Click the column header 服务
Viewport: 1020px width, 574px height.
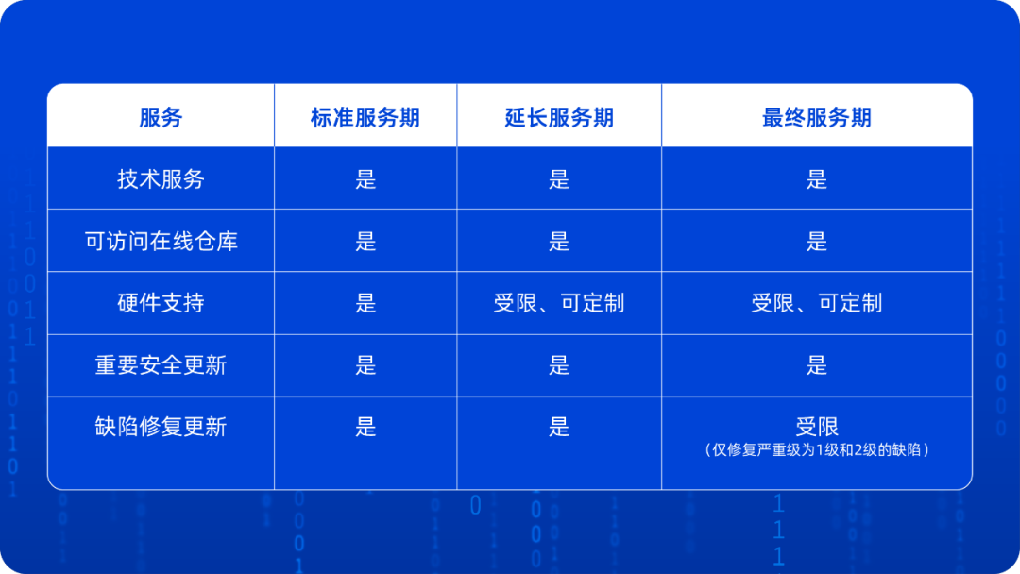(x=161, y=118)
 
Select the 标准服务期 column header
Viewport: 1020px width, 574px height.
(x=365, y=118)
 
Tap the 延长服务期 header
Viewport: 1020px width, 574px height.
(x=559, y=118)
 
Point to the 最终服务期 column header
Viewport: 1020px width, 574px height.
(x=816, y=118)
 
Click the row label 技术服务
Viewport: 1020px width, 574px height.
(x=161, y=178)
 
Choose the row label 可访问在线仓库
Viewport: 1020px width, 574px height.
(x=161, y=241)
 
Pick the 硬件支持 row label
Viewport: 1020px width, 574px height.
(x=161, y=303)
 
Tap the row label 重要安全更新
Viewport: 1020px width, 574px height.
(x=161, y=365)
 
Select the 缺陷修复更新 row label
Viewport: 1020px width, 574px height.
(x=161, y=427)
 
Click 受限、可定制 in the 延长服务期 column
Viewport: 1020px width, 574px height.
(x=559, y=303)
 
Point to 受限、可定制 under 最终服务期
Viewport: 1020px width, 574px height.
(x=816, y=303)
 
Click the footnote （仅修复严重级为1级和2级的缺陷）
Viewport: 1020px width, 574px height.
(x=816, y=449)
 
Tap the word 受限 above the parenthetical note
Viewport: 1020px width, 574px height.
(x=816, y=427)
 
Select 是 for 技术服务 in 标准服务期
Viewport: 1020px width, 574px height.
(x=365, y=178)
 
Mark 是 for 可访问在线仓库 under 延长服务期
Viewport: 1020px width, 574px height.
(x=559, y=241)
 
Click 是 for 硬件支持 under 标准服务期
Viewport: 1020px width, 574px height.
(x=365, y=303)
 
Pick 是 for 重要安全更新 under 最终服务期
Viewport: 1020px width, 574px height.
(x=816, y=365)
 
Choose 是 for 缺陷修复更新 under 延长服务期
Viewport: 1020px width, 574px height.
(x=559, y=427)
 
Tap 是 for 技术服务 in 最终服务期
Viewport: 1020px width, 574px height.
(x=816, y=178)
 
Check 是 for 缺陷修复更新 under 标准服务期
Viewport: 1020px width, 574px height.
(x=365, y=427)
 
